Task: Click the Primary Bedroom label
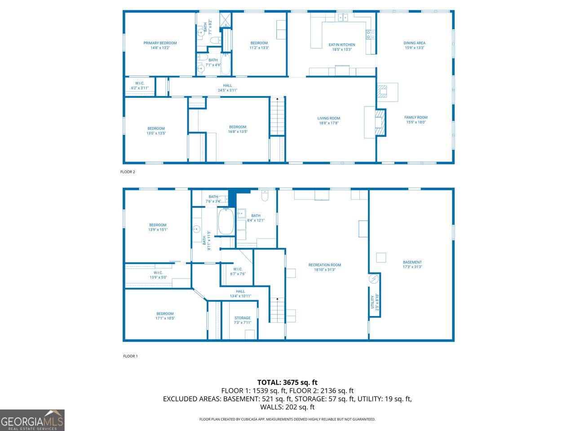160,43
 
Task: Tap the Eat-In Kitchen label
342,45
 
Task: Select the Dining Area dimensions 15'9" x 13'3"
415,48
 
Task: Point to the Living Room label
329,118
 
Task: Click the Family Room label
416,118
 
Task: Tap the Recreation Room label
325,265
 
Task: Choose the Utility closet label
372,302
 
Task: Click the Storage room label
243,318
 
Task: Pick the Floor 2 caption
128,172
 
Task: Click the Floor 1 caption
130,356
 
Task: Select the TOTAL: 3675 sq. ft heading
287,383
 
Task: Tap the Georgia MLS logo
32,420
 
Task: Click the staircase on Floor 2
278,116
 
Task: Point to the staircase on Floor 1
278,310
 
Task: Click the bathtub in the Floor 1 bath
226,221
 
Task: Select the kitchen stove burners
371,35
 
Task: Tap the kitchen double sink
343,18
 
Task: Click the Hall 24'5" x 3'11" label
227,88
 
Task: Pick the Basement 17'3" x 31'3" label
412,264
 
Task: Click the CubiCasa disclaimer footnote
287,419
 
